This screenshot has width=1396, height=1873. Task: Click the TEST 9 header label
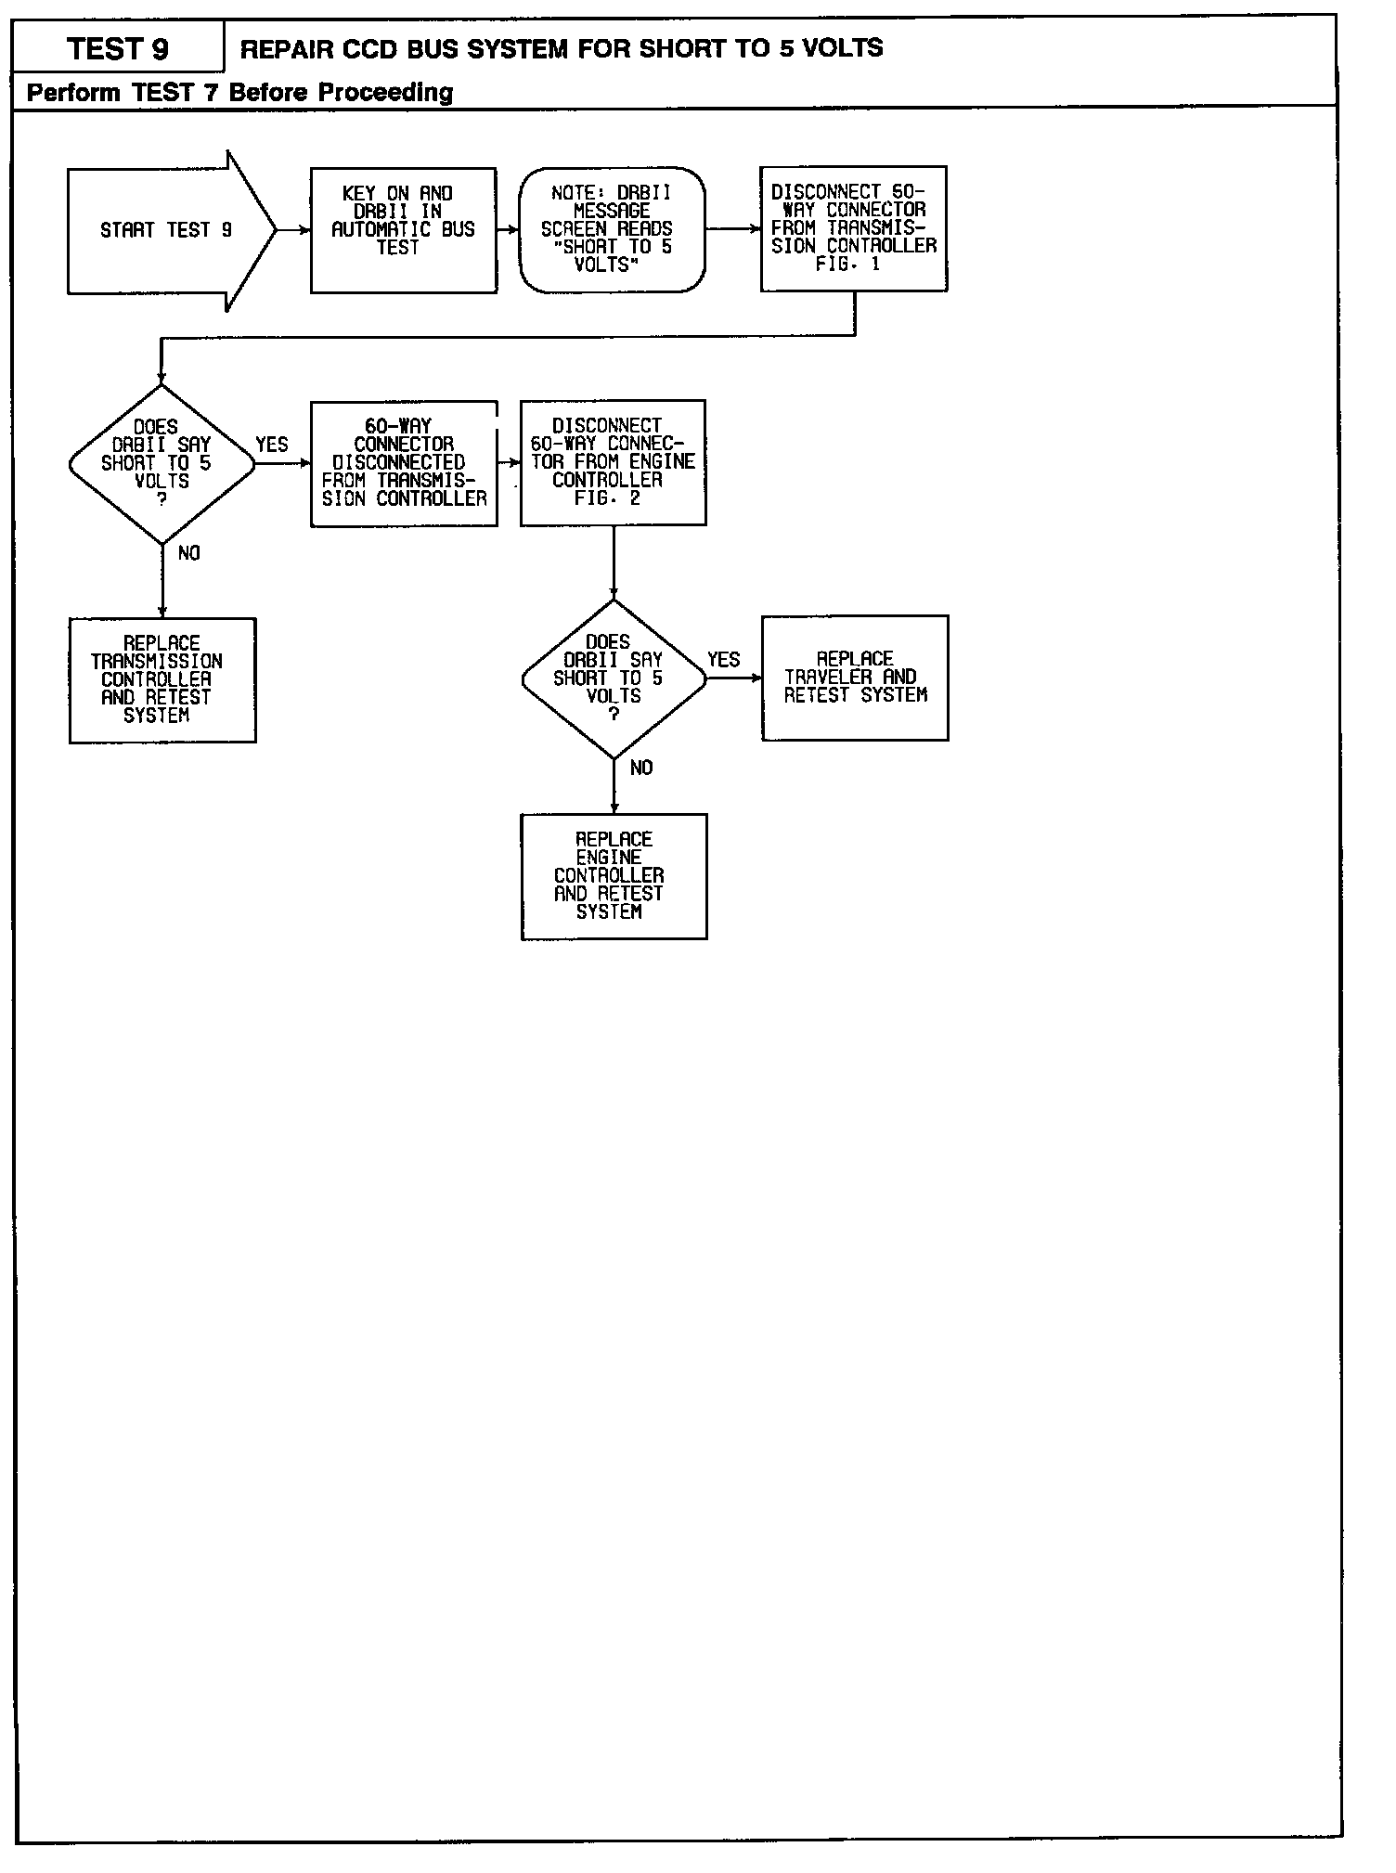118,48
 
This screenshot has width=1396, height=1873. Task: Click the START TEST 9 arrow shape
167,230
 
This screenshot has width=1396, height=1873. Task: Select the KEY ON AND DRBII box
403,230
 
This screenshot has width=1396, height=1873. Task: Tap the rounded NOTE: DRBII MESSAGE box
612,229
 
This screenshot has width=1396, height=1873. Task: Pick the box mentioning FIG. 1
853,228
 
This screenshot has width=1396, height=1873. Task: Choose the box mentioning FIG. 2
613,462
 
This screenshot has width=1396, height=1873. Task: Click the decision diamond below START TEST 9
162,463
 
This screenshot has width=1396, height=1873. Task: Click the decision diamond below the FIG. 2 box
614,678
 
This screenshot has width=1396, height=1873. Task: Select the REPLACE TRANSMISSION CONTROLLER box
162,679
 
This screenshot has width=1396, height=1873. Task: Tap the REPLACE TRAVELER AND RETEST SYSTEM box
855,678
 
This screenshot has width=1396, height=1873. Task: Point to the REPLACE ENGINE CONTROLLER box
614,876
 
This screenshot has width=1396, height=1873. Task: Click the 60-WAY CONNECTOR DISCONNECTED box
404,463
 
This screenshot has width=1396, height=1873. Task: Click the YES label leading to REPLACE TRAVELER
723,660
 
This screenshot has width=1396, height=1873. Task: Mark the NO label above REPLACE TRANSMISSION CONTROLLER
188,553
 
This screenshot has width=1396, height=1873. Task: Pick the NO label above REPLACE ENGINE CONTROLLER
640,769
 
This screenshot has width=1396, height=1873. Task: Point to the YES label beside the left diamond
271,445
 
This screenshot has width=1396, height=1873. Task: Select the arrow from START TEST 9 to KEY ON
293,230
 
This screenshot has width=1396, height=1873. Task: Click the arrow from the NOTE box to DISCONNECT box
732,228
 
